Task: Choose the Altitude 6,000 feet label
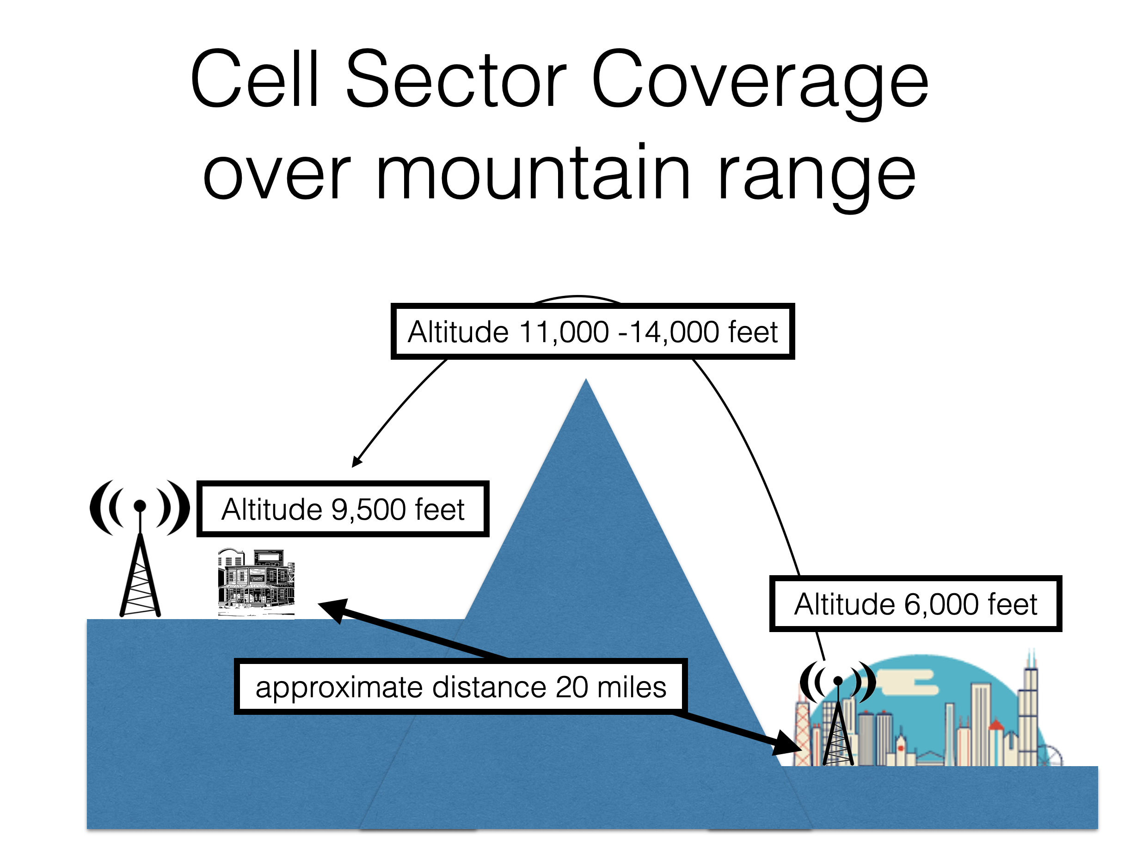(915, 604)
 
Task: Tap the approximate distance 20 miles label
(460, 687)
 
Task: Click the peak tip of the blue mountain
(586, 382)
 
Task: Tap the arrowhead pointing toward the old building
(332, 609)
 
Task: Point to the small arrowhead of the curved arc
(356, 462)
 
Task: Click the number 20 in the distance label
(571, 687)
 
